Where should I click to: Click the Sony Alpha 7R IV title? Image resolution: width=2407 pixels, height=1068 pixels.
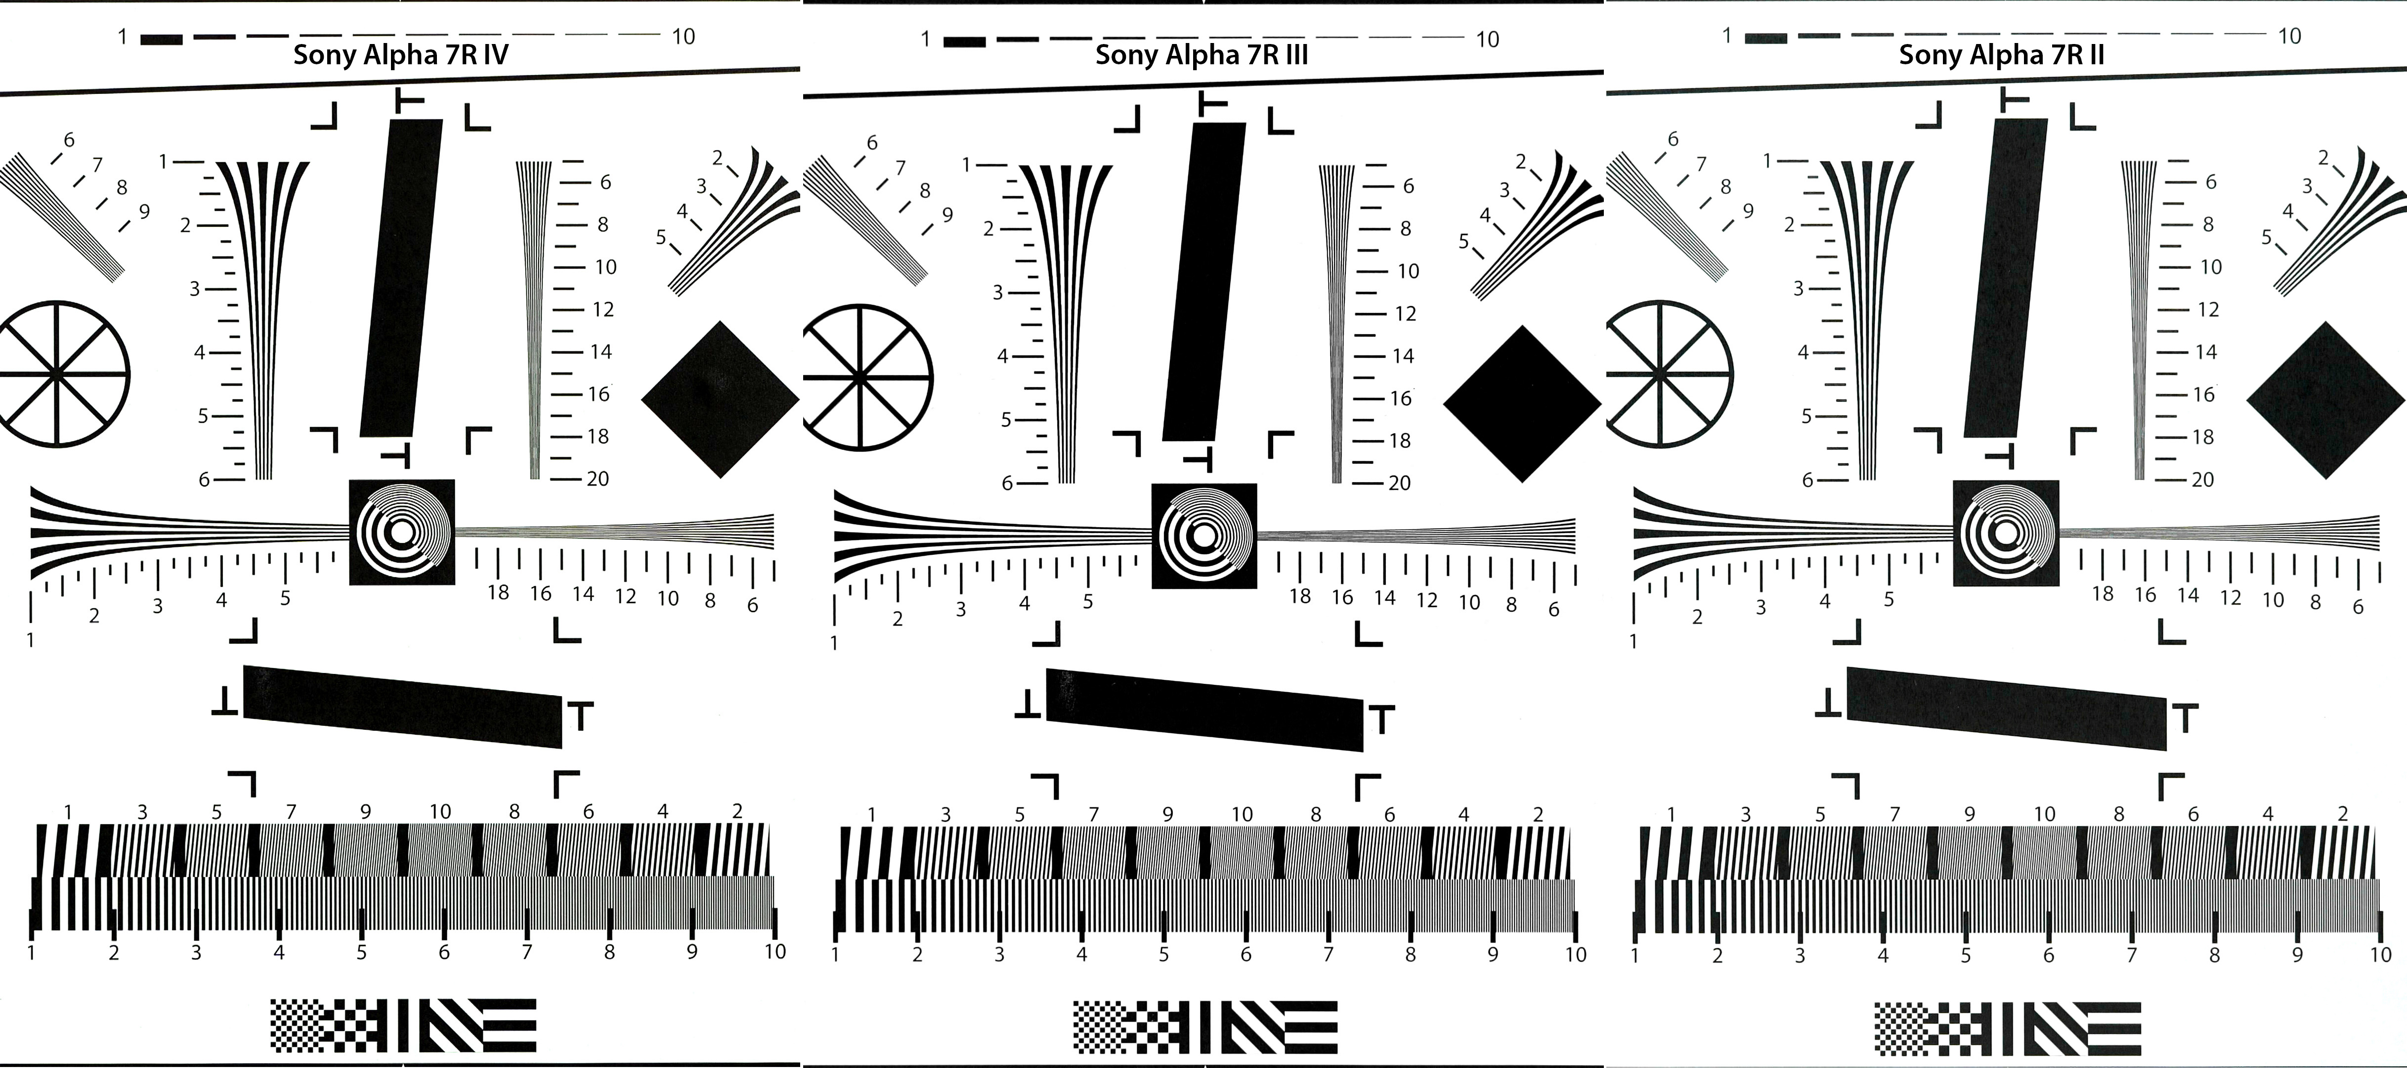click(401, 54)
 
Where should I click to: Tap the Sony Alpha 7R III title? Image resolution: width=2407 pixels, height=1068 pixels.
click(1202, 54)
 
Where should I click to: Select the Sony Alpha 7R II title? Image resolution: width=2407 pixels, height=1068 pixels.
click(2002, 54)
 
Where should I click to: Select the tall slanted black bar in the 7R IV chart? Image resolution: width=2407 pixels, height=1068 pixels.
click(402, 277)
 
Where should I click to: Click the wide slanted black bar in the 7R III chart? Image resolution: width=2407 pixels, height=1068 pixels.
click(1204, 710)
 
